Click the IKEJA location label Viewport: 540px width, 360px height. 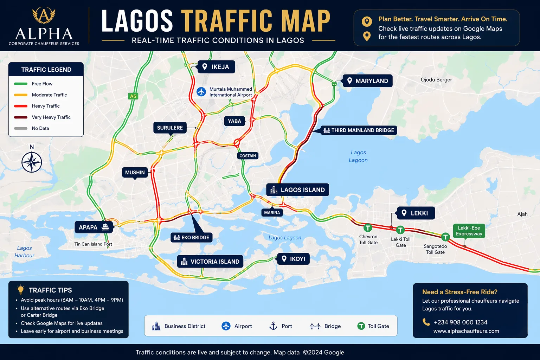pyautogui.click(x=216, y=67)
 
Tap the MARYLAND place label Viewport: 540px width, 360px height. pyautogui.click(x=367, y=81)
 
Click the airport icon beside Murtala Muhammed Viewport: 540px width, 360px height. pyautogui.click(x=201, y=92)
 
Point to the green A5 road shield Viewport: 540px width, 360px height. pyautogui.click(x=133, y=96)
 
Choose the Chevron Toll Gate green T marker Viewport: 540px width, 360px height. pyautogui.click(x=368, y=228)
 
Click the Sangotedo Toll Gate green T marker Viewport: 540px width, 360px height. pyautogui.click(x=445, y=237)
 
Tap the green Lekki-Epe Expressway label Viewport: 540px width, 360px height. pyautogui.click(x=469, y=231)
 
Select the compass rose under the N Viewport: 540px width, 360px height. pyautogui.click(x=32, y=162)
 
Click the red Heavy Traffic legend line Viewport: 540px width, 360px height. pyautogui.click(x=21, y=106)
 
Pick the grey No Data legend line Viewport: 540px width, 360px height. pyautogui.click(x=21, y=128)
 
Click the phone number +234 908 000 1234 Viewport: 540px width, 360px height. pyautogui.click(x=460, y=322)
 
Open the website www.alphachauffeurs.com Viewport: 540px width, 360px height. pyautogui.click(x=466, y=331)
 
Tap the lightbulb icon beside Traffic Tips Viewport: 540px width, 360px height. pyautogui.click(x=21, y=290)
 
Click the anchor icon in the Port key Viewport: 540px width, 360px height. pyautogui.click(x=273, y=326)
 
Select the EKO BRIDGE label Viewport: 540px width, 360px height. pyautogui.click(x=192, y=238)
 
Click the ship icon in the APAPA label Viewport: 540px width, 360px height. pyautogui.click(x=105, y=227)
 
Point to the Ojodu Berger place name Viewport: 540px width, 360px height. pyautogui.click(x=436, y=80)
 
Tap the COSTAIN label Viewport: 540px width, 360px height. pyautogui.click(x=248, y=156)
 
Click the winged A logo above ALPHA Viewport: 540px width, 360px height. pyautogui.click(x=44, y=15)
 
